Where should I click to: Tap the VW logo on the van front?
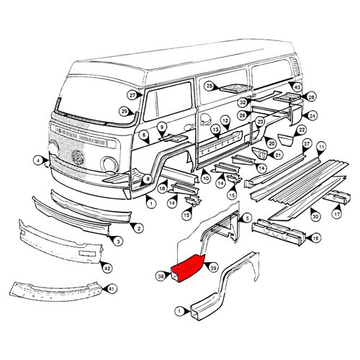coord(78,157)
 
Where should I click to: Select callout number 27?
coord(132,96)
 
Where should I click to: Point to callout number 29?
coord(124,111)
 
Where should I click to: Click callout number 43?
coord(296,86)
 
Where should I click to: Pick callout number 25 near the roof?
coord(209,86)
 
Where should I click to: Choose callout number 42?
coord(107,269)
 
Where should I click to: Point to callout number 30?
coord(315,215)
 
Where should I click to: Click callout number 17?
coord(336,215)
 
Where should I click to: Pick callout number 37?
coord(306,144)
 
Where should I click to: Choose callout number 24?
coord(312,115)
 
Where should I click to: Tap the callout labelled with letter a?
coord(38,159)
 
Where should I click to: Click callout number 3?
coord(118,243)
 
